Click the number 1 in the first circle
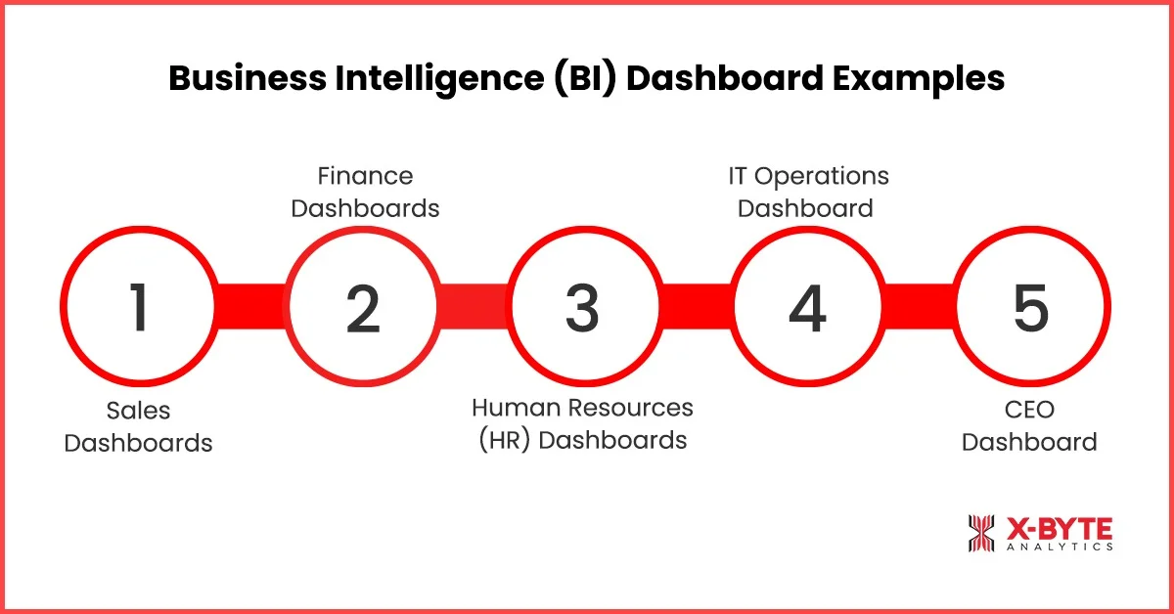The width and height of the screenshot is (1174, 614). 139,307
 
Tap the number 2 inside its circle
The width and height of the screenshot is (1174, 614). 363,309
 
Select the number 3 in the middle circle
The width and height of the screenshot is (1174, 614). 582,309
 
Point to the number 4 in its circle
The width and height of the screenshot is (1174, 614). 807,309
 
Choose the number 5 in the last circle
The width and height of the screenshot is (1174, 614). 1031,308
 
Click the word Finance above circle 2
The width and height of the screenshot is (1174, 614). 365,176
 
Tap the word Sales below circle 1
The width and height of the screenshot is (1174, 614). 138,411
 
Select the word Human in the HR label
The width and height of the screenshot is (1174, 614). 516,408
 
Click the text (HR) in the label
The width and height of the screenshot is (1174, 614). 504,441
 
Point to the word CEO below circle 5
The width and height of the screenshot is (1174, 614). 1029,410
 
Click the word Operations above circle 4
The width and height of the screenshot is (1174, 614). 822,177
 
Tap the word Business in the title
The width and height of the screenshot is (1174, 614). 248,78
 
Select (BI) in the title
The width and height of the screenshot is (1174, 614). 585,79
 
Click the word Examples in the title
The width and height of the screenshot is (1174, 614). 919,79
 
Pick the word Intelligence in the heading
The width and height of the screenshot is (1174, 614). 439,79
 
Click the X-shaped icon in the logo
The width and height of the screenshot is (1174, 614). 980,533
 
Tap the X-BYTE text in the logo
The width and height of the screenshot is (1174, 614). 1060,529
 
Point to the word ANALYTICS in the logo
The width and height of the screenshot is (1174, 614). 1060,547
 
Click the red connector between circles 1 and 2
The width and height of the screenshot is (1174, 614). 251,306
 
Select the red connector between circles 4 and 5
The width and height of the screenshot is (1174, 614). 920,306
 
